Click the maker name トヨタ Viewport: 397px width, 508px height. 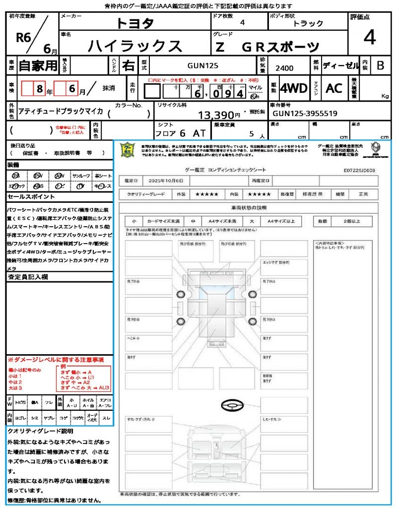pyautogui.click(x=135, y=23)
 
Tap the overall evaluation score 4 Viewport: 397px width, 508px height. pyautogui.click(x=369, y=38)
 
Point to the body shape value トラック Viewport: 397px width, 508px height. pyautogui.click(x=308, y=23)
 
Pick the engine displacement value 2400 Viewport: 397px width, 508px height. pyautogui.click(x=284, y=68)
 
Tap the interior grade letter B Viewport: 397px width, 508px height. pyautogui.click(x=380, y=65)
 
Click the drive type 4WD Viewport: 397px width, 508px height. pyautogui.click(x=294, y=88)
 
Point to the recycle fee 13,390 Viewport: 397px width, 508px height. pyautogui.click(x=220, y=116)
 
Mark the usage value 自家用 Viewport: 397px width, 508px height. pyautogui.click(x=37, y=65)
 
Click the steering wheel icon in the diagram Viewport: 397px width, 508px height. pyautogui.click(x=231, y=406)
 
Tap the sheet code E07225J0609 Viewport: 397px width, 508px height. pyautogui.click(x=359, y=170)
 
